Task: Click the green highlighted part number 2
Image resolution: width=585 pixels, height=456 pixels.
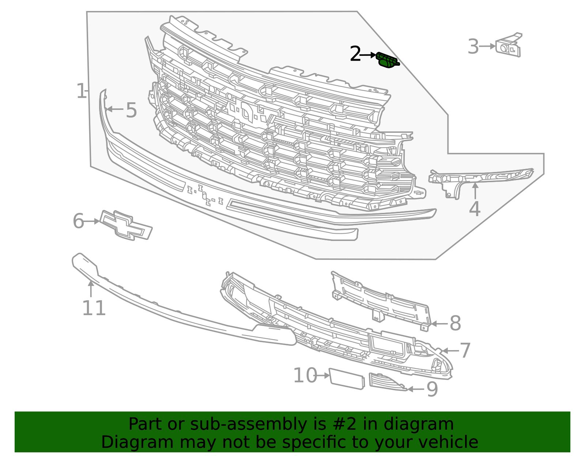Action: (387, 60)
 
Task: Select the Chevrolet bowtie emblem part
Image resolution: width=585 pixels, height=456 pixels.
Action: (126, 225)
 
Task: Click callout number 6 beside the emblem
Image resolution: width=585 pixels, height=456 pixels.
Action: (78, 221)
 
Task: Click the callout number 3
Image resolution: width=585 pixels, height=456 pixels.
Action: (473, 47)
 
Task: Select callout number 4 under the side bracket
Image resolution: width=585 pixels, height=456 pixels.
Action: (475, 209)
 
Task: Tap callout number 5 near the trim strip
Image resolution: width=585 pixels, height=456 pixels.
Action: (131, 110)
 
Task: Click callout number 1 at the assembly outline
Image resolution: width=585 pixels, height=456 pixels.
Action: (81, 91)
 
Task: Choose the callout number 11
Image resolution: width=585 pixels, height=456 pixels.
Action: (94, 309)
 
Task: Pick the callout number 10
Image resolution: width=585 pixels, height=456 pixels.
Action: (305, 376)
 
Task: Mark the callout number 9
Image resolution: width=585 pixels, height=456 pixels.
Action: (432, 390)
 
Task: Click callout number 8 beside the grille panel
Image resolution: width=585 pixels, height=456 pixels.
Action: (455, 323)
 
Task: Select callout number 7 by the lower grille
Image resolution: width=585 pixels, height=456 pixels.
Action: (465, 351)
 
